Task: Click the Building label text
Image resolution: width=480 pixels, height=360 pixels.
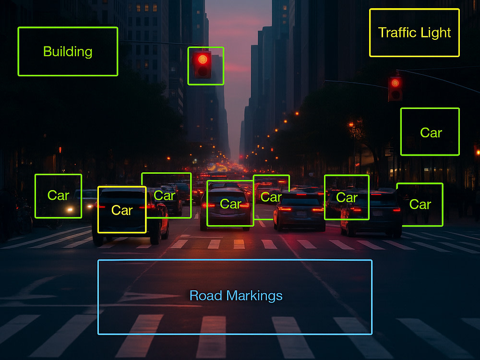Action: click(68, 52)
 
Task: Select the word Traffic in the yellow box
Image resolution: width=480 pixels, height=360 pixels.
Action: click(397, 32)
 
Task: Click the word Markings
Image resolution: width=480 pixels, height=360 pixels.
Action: click(254, 296)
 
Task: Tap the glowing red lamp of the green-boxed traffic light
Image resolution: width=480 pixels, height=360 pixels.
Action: click(203, 59)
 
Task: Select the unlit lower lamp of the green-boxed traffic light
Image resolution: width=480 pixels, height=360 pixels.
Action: click(203, 72)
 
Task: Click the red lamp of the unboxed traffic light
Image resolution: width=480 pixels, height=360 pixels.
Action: click(395, 83)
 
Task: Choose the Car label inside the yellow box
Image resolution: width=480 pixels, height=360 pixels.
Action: click(122, 210)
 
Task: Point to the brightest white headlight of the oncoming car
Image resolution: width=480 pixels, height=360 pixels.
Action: click(70, 210)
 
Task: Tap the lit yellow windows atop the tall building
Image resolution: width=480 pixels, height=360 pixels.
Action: click(146, 7)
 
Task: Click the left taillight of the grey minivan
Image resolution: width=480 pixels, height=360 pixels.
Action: click(208, 205)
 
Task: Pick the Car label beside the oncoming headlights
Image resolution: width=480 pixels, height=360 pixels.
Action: click(58, 195)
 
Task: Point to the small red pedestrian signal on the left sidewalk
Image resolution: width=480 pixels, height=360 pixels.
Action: click(60, 150)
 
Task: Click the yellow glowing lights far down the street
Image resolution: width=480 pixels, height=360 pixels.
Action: click(218, 168)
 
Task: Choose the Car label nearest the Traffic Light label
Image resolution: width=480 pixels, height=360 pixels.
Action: click(431, 133)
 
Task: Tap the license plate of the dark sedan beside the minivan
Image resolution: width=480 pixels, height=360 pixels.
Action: click(301, 214)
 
